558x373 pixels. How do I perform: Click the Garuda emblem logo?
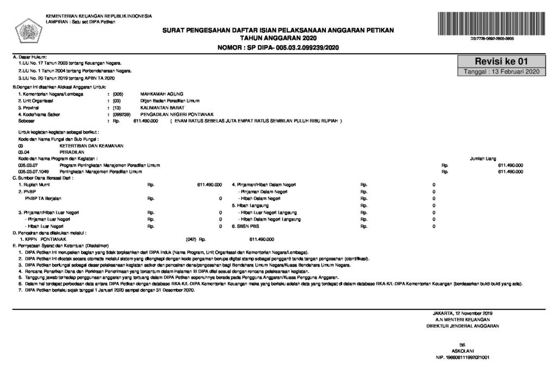[x=25, y=27]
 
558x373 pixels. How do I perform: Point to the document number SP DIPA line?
[x=278, y=47]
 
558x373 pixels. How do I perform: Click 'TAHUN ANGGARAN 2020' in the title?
[x=278, y=38]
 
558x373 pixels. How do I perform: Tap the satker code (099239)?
[x=120, y=115]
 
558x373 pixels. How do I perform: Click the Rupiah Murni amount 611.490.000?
[x=209, y=185]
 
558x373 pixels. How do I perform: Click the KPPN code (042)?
[x=191, y=239]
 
